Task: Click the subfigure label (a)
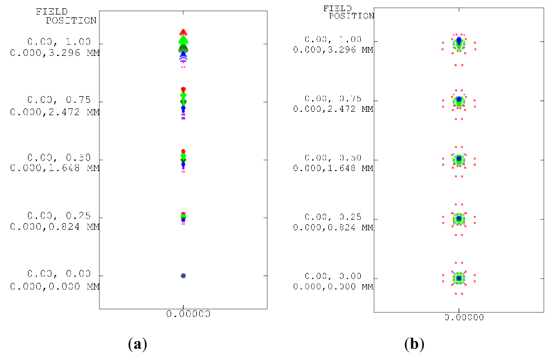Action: click(137, 344)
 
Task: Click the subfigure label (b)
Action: click(414, 344)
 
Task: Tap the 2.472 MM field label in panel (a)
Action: click(55, 112)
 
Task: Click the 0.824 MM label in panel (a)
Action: click(55, 227)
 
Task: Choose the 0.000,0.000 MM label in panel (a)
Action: click(55, 286)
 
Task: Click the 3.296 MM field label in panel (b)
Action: click(333, 50)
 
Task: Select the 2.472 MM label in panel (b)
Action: click(333, 109)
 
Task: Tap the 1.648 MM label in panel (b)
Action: click(333, 168)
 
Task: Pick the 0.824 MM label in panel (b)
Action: click(333, 228)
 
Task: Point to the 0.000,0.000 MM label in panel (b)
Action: click(333, 286)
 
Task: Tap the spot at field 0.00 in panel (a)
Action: click(183, 276)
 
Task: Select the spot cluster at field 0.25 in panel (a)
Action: click(183, 218)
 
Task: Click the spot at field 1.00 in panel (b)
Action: click(459, 42)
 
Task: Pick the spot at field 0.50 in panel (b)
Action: click(459, 160)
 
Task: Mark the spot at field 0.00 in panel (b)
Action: click(459, 278)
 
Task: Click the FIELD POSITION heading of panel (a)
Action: click(65, 16)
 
